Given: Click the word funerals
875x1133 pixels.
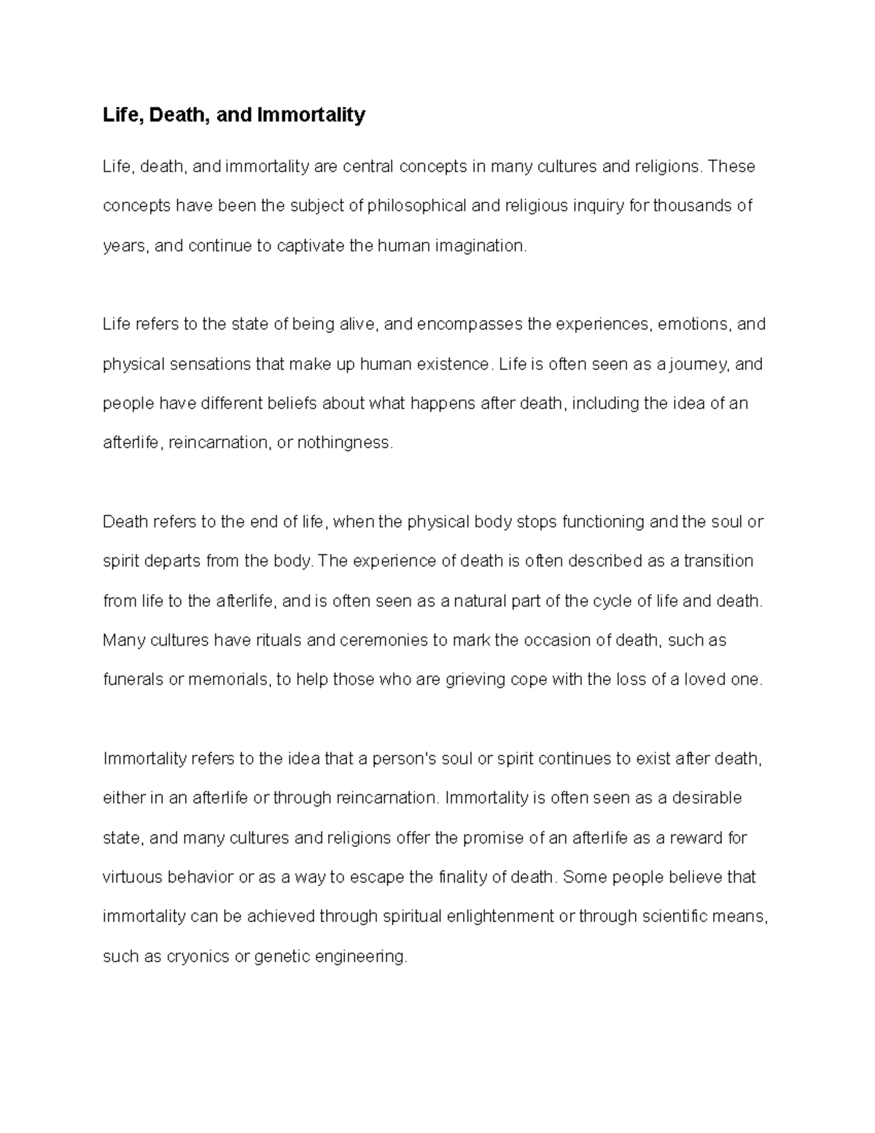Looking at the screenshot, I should pyautogui.click(x=133, y=680).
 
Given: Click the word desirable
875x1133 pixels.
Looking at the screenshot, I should pyautogui.click(x=706, y=798).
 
